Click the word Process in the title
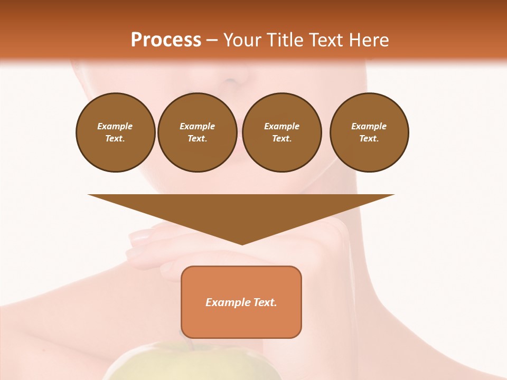166,40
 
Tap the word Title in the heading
284,40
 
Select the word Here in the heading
368,40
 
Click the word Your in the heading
243,40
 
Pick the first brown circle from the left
116,132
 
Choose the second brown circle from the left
198,132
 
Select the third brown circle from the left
282,132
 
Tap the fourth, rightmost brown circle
369,132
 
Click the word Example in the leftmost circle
115,126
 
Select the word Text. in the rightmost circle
369,139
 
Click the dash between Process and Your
212,40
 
